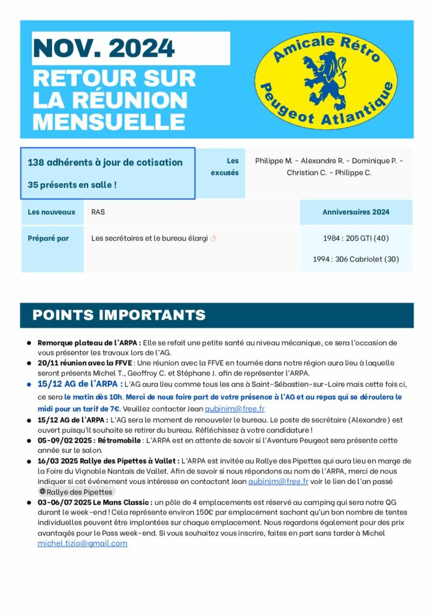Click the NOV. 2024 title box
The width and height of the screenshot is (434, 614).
[131, 48]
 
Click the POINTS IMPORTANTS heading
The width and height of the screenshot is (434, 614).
[119, 315]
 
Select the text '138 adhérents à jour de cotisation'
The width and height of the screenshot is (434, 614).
[105, 162]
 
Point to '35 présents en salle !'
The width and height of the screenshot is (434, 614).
[72, 185]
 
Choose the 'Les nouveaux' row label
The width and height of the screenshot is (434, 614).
[52, 212]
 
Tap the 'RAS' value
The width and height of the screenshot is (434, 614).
[98, 212]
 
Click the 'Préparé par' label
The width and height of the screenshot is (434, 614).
[49, 238]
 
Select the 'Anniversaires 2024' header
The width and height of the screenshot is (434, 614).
[355, 212]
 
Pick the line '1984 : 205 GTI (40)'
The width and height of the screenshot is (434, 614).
[355, 238]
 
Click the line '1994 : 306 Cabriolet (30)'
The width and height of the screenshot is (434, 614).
[355, 260]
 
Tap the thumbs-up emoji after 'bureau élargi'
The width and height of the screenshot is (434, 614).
[213, 238]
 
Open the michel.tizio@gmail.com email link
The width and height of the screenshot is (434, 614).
[82, 543]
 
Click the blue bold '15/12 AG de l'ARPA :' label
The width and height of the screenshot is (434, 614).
[80, 384]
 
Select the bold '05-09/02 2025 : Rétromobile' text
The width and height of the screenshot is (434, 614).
[90, 440]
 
